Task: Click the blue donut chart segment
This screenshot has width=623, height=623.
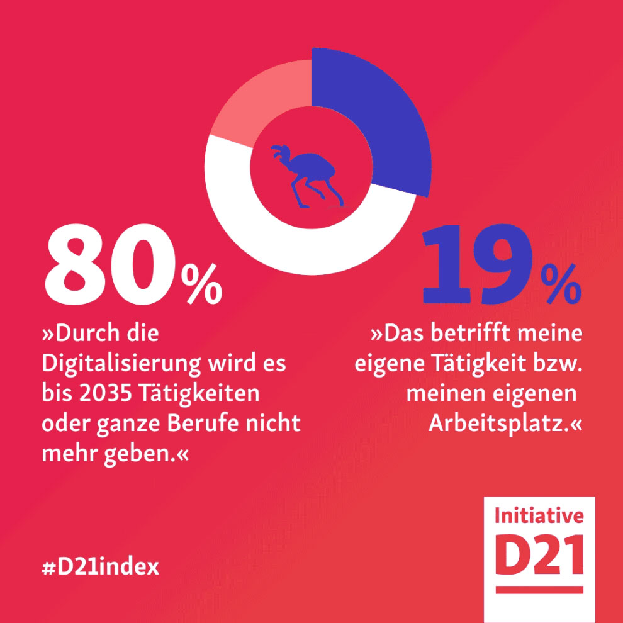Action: pos(378,120)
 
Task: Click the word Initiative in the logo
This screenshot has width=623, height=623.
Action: pos(539,517)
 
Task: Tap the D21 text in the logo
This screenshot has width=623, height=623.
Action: pos(539,554)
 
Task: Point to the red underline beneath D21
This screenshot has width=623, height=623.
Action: pos(539,590)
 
